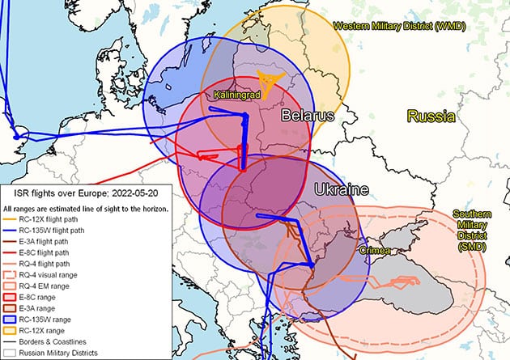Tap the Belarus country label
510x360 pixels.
tap(308, 116)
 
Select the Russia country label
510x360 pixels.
tap(430, 116)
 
